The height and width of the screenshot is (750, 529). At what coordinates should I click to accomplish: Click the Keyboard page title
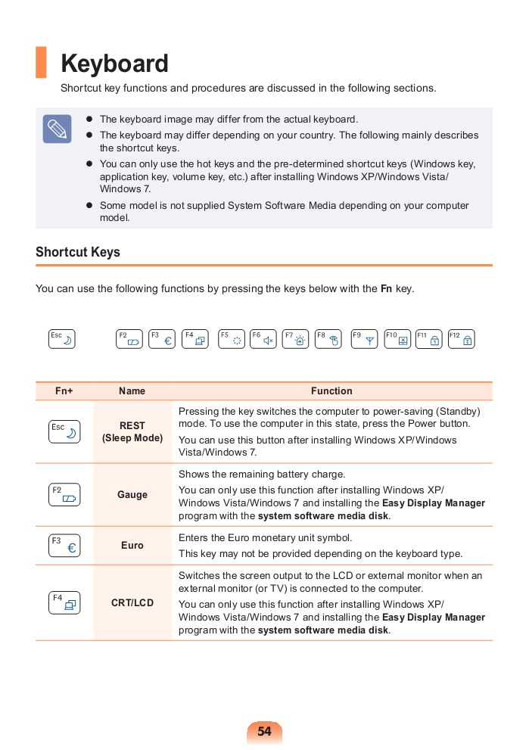(114, 64)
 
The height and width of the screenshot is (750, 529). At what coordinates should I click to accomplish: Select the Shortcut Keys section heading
(78, 252)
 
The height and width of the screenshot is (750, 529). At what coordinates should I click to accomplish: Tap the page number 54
(264, 732)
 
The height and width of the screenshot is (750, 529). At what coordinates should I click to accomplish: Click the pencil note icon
(57, 129)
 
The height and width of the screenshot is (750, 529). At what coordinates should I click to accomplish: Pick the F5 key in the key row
(231, 339)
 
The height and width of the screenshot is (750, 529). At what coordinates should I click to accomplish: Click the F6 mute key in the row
(263, 339)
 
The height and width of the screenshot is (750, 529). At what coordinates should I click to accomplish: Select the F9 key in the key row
(364, 339)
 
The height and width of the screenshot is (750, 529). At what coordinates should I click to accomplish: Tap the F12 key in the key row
(462, 339)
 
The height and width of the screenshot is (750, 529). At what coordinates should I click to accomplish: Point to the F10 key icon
(397, 339)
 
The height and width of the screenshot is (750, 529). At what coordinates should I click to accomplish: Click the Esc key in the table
(64, 431)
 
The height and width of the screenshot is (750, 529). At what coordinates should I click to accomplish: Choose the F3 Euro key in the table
(64, 546)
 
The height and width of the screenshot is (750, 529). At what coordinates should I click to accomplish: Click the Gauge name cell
(132, 495)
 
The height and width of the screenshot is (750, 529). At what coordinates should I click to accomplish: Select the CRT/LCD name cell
(132, 603)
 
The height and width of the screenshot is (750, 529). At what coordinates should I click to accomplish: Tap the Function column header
(331, 391)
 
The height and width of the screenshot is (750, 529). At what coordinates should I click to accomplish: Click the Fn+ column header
(64, 391)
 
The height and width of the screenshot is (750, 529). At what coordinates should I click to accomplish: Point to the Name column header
(132, 391)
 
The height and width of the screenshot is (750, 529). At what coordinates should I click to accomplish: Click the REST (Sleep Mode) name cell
(132, 432)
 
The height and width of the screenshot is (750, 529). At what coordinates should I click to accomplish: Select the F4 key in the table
(64, 603)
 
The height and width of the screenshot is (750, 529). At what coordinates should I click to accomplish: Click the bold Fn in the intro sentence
(386, 288)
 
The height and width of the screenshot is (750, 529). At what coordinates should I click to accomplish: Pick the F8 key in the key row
(328, 339)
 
